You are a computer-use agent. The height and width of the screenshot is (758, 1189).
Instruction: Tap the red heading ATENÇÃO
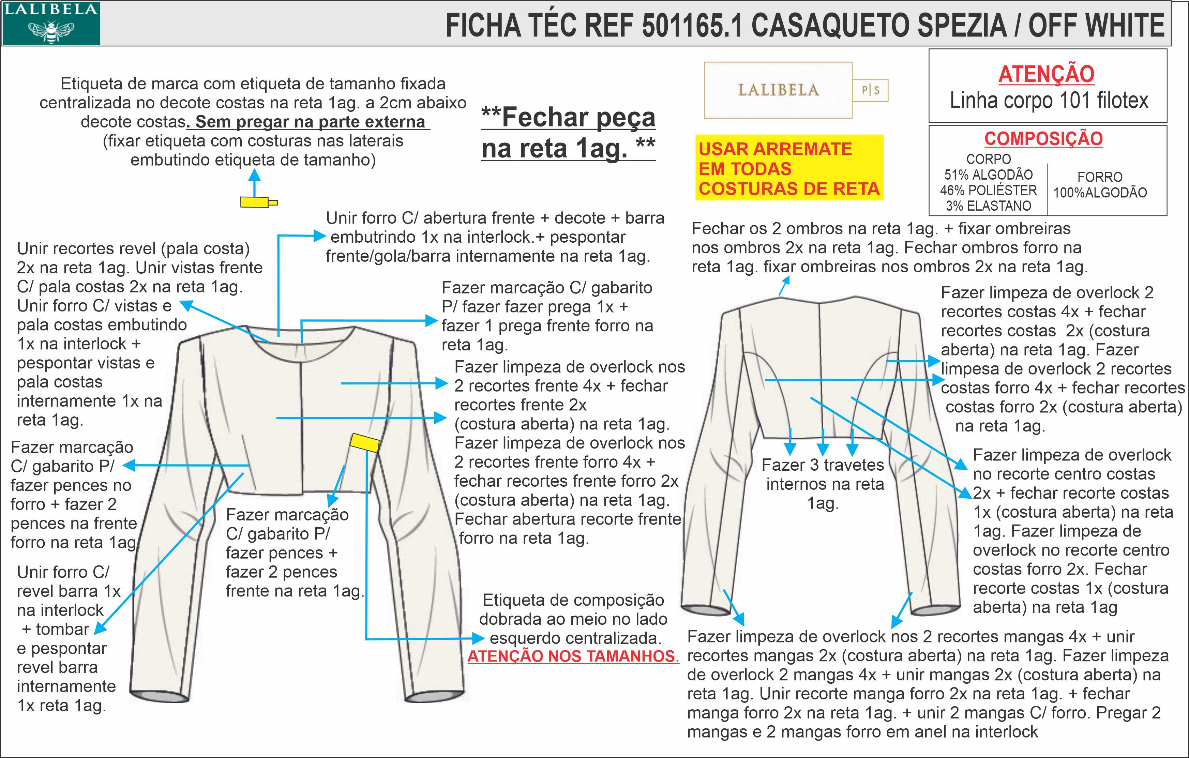tap(1046, 74)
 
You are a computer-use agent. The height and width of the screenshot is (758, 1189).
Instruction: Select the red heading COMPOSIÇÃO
tap(1043, 139)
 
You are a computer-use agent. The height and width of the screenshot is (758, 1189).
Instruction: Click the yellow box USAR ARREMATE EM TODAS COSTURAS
tap(788, 168)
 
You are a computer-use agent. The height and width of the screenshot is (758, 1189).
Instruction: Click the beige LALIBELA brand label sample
tap(778, 90)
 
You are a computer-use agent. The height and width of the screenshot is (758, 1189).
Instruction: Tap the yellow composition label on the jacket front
tap(364, 442)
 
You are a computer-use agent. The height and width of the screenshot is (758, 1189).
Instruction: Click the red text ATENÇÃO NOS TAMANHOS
tap(573, 656)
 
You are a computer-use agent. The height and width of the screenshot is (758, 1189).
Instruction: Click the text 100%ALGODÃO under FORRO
tap(1100, 193)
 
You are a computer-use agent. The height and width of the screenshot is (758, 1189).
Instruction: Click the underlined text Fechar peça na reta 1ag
tap(568, 132)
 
